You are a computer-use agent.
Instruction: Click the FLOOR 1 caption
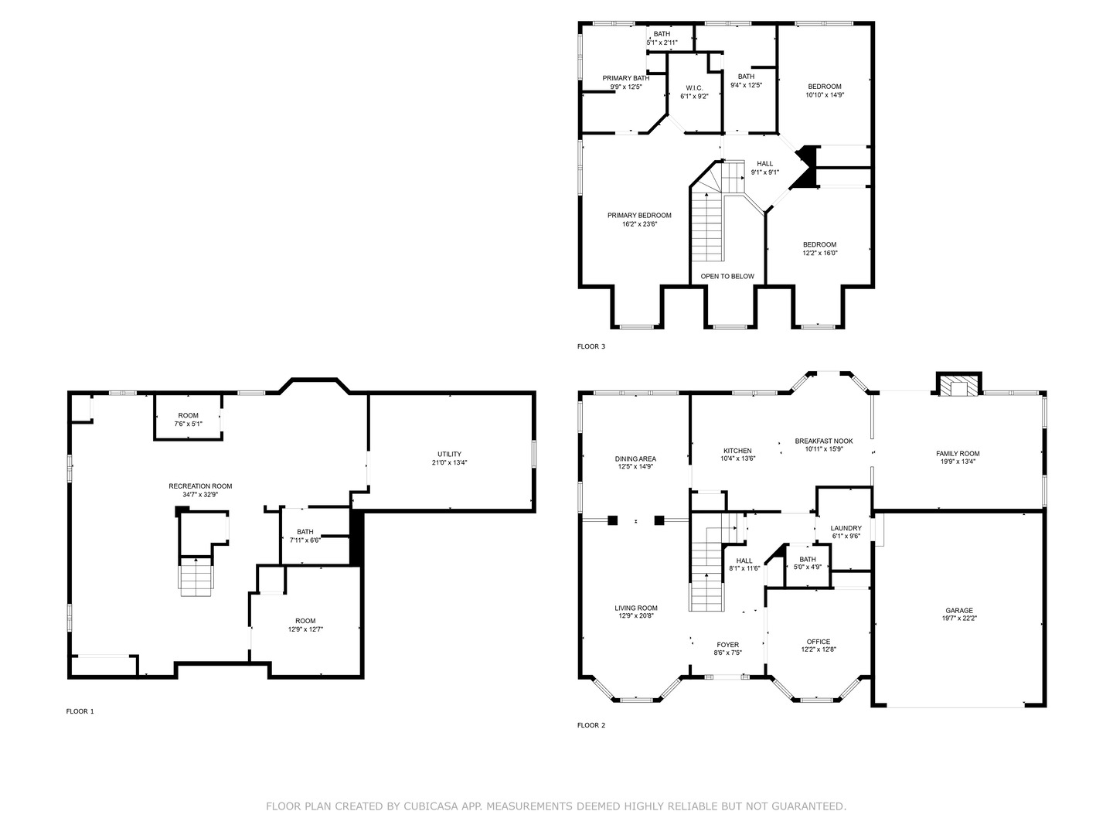[80, 711]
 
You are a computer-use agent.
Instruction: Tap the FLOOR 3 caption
[591, 347]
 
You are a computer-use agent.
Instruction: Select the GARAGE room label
[959, 611]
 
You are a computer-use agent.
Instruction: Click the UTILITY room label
[450, 455]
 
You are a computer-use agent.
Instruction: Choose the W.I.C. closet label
[695, 88]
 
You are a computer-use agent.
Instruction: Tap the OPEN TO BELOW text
[727, 276]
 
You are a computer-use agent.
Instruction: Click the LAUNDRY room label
[846, 528]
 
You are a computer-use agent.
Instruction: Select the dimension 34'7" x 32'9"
[201, 494]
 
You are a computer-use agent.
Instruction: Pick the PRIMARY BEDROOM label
[639, 216]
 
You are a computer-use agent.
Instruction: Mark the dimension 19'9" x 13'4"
[958, 462]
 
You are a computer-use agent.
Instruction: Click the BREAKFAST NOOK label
[824, 441]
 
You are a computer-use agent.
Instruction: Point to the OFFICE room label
[819, 642]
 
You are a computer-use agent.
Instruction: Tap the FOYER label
[727, 645]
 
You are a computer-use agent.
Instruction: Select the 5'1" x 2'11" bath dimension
[662, 43]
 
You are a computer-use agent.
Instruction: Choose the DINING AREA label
[635, 458]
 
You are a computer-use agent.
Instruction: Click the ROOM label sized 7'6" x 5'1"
[188, 416]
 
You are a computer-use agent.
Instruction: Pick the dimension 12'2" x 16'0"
[820, 253]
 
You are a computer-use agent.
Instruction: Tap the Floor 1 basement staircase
[196, 576]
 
